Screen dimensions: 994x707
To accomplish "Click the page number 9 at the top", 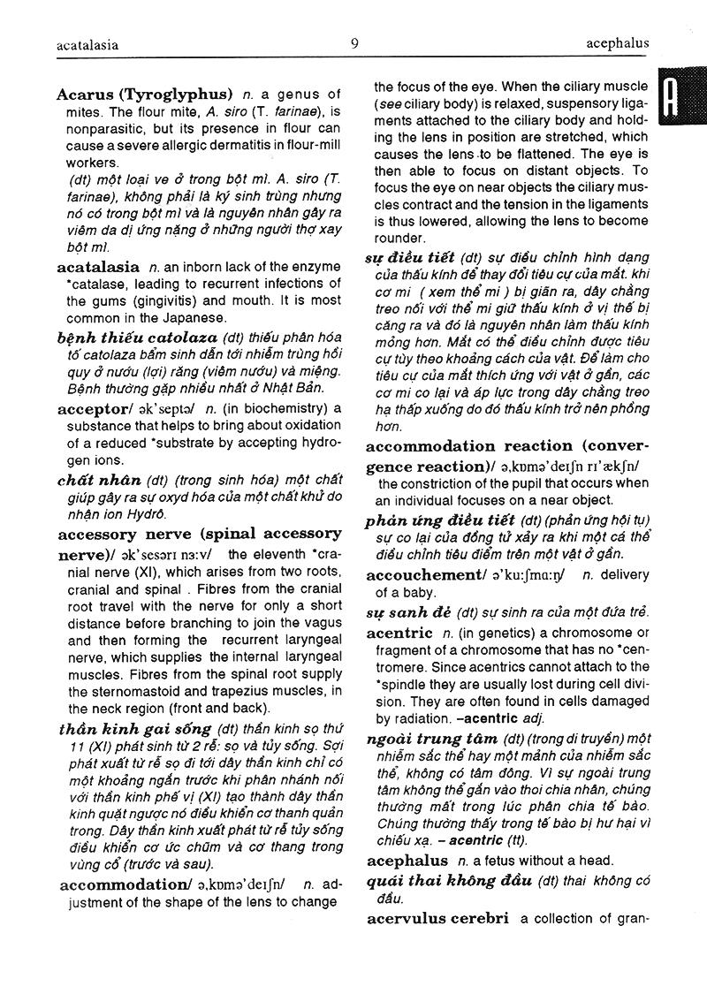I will (x=354, y=42).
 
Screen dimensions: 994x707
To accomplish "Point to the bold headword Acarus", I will (x=86, y=94).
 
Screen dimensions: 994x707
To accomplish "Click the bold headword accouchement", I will (x=422, y=575).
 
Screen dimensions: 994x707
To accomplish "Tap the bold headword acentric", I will (x=399, y=633).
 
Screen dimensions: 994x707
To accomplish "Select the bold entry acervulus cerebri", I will (x=437, y=918).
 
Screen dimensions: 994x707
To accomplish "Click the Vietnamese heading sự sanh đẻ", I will (x=409, y=612).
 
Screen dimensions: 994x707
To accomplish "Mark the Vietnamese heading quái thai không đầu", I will (x=448, y=881).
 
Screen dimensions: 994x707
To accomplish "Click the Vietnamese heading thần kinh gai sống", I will (x=134, y=729).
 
